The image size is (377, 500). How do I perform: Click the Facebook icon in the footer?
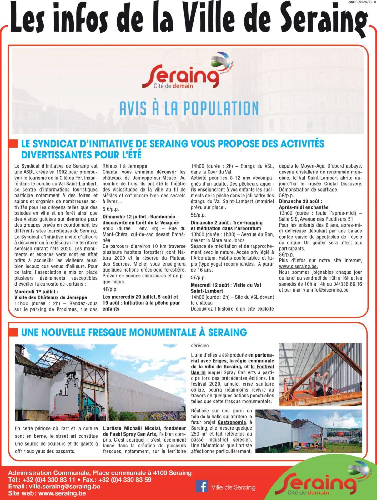(x=202, y=487)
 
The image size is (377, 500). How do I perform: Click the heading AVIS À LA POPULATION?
(x=189, y=108)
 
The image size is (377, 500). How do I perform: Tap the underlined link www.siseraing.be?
(x=299, y=266)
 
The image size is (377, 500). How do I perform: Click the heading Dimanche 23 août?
(x=300, y=201)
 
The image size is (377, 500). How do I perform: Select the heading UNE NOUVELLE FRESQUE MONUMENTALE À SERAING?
(x=134, y=332)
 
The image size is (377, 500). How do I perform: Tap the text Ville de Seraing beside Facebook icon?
(x=233, y=487)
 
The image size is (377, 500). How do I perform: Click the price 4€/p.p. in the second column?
(x=110, y=289)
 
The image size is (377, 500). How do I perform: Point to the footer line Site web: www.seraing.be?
(x=47, y=493)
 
